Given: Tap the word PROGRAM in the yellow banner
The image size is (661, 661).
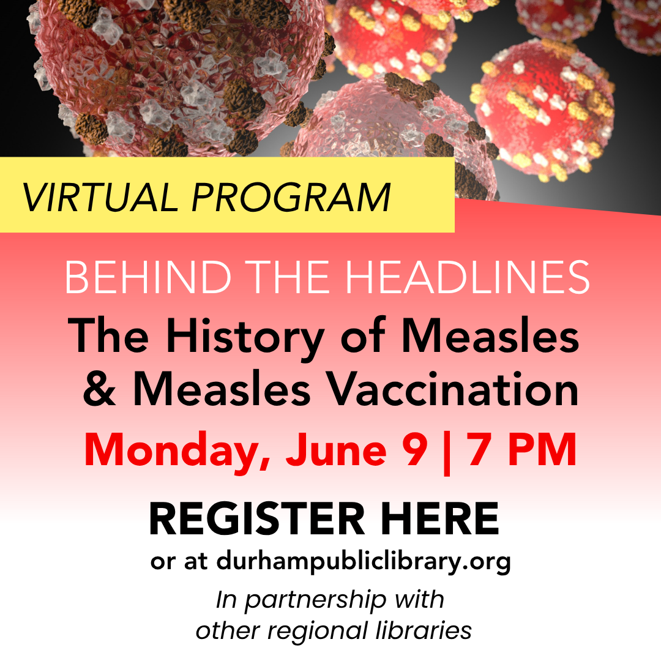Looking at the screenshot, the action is pyautogui.click(x=291, y=197).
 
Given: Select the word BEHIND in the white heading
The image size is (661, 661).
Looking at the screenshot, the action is pyautogui.click(x=148, y=277).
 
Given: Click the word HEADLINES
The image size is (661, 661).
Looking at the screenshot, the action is pyautogui.click(x=468, y=277).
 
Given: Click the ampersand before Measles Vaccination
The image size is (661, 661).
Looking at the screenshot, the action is pyautogui.click(x=100, y=388).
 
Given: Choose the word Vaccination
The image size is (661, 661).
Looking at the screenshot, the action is pyautogui.click(x=453, y=388).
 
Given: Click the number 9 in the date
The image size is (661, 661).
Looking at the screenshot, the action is pyautogui.click(x=417, y=449).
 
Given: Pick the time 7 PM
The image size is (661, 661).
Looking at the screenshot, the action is pyautogui.click(x=521, y=449).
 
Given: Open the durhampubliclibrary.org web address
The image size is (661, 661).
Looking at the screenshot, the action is pyautogui.click(x=364, y=561).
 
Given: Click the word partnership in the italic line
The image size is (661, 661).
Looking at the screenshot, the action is pyautogui.click(x=316, y=600).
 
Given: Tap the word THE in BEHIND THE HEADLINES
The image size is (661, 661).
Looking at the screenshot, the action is pyautogui.click(x=288, y=277).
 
